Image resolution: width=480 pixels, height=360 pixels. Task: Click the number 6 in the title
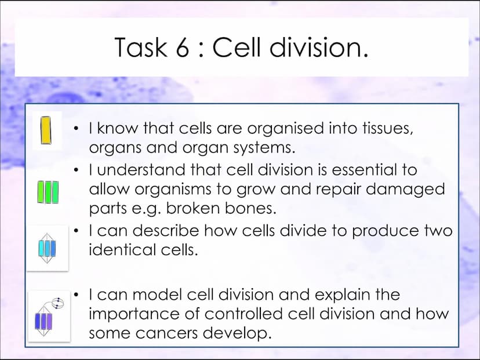[183, 47]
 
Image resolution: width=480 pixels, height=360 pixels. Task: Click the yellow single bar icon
[46, 130]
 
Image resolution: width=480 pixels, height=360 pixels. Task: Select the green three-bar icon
[48, 192]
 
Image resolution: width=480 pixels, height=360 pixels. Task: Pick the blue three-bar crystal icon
[47, 248]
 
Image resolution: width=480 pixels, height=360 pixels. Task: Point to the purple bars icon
[44, 321]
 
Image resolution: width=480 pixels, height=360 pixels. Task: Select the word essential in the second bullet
[363, 170]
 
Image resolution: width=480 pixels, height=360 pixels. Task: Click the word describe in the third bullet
[166, 230]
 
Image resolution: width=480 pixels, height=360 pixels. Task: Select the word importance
[134, 314]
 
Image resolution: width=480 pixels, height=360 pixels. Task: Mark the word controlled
[243, 314]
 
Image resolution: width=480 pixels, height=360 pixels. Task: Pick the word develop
[238, 334]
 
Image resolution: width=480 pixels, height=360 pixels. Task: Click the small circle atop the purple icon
[58, 303]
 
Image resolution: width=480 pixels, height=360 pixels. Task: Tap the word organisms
[173, 190]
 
